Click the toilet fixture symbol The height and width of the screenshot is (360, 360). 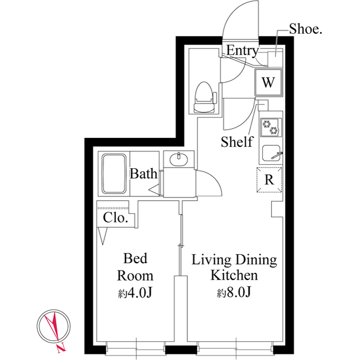[205, 97]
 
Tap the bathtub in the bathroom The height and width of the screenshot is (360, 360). [114, 174]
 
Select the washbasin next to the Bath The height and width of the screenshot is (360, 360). [179, 159]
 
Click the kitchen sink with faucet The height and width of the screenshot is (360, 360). [272, 153]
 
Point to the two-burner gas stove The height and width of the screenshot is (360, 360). [271, 128]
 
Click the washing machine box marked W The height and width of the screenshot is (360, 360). [268, 83]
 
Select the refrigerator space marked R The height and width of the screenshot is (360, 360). [269, 179]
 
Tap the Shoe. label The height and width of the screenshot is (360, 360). [305, 29]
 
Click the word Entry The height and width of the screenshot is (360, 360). [242, 51]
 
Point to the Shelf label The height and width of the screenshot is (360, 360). [237, 141]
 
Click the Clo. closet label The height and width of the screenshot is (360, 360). [115, 218]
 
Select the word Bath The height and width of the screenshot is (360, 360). [143, 174]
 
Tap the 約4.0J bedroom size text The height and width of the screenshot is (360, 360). [135, 292]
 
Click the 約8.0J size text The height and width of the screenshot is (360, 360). [234, 292]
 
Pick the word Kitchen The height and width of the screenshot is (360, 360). [234, 275]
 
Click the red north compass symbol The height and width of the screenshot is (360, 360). [53, 326]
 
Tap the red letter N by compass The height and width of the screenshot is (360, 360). [61, 348]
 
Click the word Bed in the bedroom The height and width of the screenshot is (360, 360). [135, 258]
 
